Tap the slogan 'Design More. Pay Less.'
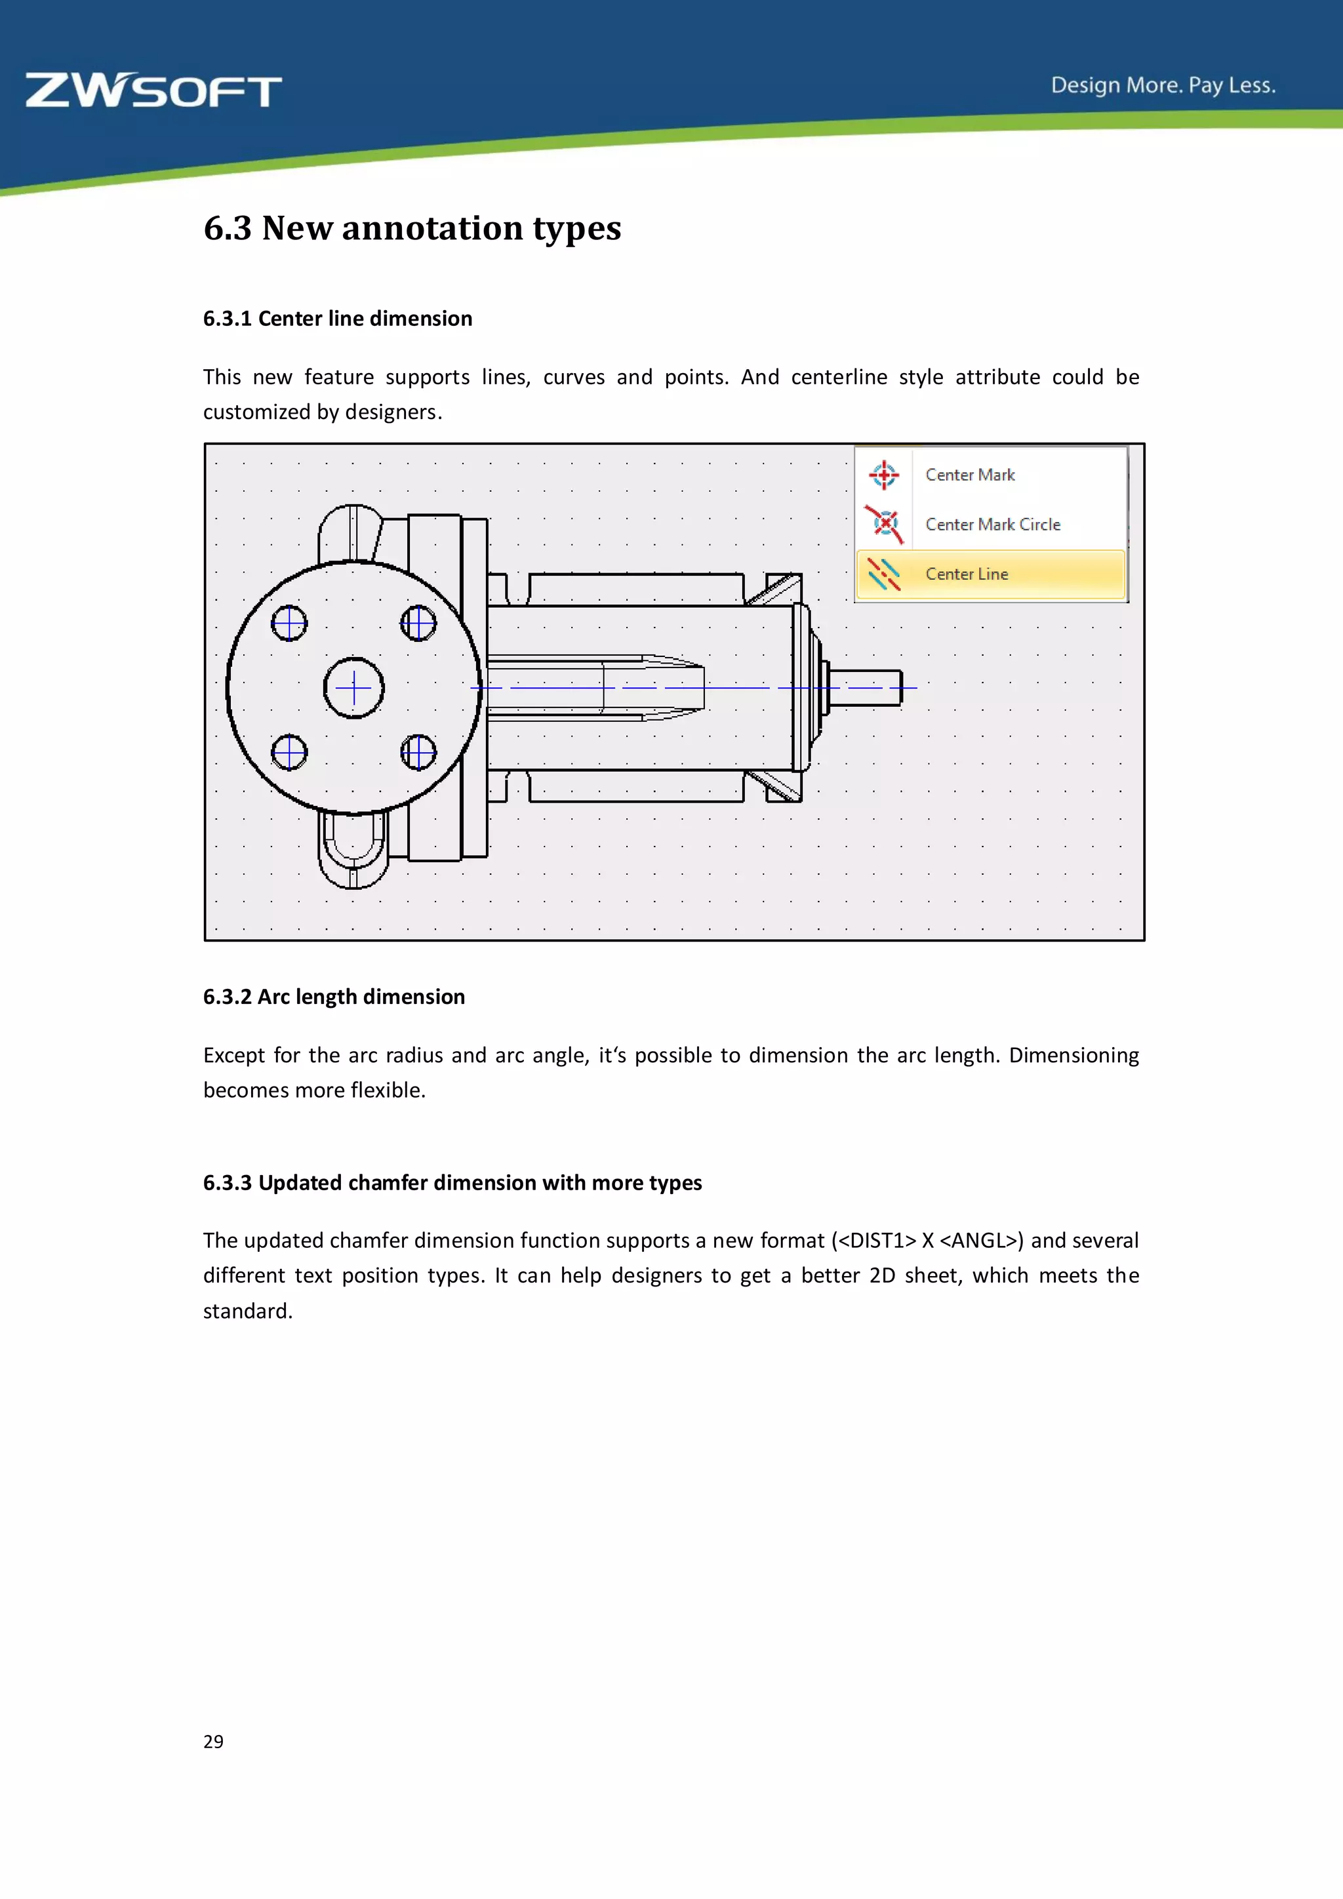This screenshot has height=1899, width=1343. click(x=1163, y=85)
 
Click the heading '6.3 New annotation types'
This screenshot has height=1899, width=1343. click(x=412, y=228)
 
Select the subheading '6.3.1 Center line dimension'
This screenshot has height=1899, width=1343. click(x=338, y=319)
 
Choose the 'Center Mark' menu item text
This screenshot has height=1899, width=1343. click(x=970, y=475)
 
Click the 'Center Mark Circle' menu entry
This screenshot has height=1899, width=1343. click(x=992, y=525)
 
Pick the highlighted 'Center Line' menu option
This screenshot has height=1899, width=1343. click(x=967, y=574)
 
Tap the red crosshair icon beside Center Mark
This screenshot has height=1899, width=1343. click(x=883, y=475)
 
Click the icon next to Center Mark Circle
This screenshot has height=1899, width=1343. click(x=884, y=523)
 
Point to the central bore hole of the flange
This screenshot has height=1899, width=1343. click(x=354, y=687)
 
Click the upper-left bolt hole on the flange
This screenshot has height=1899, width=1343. click(x=289, y=623)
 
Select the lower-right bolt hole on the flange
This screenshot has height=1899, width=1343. click(x=418, y=753)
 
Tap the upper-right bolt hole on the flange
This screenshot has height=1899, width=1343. click(x=418, y=623)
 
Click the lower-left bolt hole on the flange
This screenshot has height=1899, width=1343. click(x=289, y=753)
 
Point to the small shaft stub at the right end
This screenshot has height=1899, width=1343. click(x=867, y=687)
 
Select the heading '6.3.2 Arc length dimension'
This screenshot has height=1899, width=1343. click(x=334, y=997)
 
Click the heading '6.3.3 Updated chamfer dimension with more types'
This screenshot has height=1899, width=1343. click(x=452, y=1183)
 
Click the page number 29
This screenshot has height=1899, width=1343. click(x=213, y=1741)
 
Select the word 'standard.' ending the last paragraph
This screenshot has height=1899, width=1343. click(x=248, y=1311)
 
